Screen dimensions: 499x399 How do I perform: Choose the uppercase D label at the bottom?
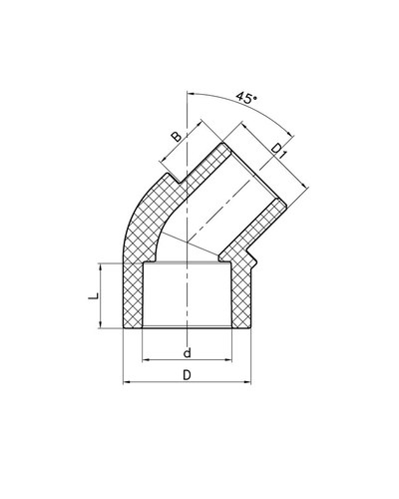coord(187,375)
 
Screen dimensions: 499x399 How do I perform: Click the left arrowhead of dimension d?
coord(147,359)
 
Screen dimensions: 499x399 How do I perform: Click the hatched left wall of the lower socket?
coord(134,299)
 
